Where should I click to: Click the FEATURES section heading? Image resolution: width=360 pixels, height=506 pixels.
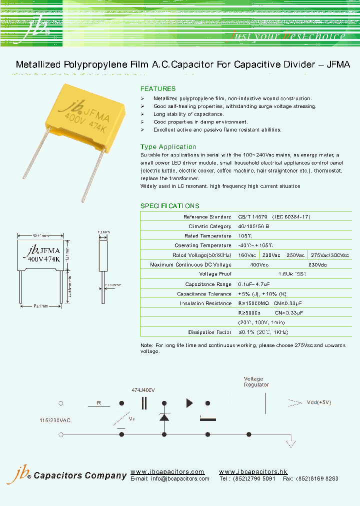pos(158,88)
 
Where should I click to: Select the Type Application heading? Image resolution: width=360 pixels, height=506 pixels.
pos(168,147)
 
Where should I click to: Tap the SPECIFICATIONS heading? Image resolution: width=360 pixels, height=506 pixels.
pos(169,206)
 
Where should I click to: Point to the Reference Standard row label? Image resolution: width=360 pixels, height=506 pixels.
pos(207,217)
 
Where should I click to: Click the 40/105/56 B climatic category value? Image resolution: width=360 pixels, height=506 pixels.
pos(254,226)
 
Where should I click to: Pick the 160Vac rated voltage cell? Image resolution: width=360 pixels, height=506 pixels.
pos(246,255)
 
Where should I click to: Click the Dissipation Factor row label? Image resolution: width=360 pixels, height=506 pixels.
pos(209,332)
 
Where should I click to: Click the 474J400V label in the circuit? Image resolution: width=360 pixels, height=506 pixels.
pos(143,390)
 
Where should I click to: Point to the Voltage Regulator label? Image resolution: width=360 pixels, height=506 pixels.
pos(256,382)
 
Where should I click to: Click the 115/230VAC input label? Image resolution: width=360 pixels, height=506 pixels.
pos(55,420)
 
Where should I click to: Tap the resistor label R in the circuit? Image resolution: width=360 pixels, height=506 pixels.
pos(99,402)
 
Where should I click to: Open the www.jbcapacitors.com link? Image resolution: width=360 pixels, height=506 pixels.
pos(167,472)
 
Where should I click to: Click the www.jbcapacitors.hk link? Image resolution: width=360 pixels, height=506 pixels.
pos(253,472)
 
